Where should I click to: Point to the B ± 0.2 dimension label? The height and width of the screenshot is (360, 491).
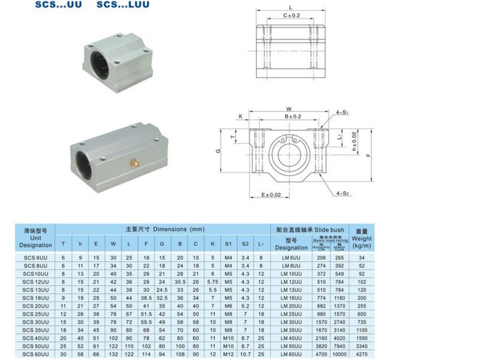coord(293,117)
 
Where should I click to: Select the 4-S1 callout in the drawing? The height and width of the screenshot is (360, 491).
coord(342,112)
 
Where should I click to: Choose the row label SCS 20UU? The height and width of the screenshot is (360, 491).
coord(36,305)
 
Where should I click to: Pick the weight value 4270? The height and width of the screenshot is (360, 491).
coord(362,354)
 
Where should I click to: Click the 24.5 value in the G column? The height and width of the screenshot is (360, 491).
coord(162,289)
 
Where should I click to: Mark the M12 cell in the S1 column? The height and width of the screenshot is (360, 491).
coord(229,354)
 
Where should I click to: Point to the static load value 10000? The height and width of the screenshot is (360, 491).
coord(341,354)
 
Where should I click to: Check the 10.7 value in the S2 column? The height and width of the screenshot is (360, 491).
coord(245,354)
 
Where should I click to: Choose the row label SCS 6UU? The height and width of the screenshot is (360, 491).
coord(36,257)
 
